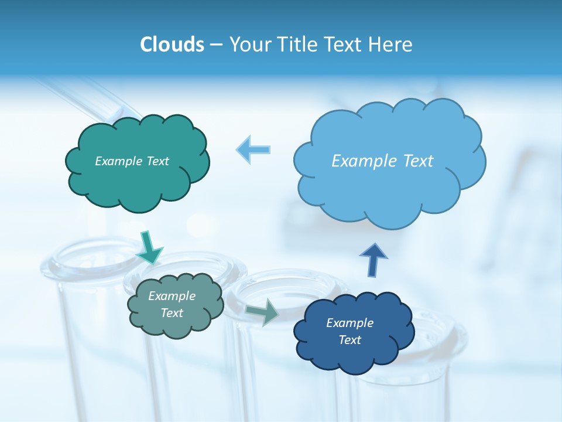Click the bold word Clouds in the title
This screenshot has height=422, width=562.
coord(172,45)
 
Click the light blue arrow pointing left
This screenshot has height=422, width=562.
coord(254,149)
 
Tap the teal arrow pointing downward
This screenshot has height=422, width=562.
coord(149,247)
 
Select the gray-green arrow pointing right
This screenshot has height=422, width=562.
coord(262,312)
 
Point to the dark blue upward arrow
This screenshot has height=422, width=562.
coord(373,259)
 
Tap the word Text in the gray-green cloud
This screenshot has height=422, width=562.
coord(172,313)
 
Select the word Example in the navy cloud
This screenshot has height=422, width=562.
coord(349,323)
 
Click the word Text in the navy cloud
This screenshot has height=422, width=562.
coord(349,340)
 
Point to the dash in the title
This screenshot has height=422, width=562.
coord(216,45)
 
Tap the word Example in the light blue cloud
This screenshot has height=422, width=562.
coord(362,161)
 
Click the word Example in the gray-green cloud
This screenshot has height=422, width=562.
coord(172,296)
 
